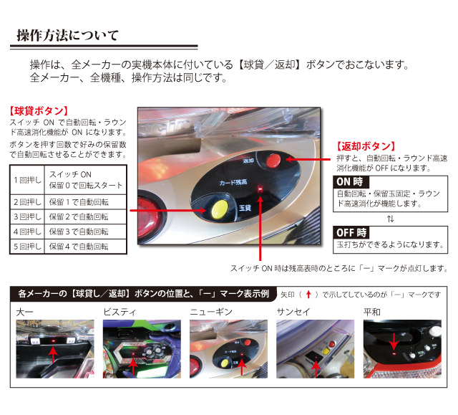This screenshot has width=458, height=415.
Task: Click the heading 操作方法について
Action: click(68, 35)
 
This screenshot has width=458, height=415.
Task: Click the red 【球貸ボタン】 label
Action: click(39, 111)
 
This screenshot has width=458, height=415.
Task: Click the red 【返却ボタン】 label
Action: click(366, 146)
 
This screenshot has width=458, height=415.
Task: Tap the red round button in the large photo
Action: click(273, 161)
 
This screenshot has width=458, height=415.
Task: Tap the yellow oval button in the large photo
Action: click(220, 209)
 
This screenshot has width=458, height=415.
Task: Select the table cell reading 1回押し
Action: click(27, 180)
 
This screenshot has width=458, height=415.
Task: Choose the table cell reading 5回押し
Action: click(27, 247)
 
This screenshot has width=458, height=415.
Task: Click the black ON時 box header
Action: click(351, 182)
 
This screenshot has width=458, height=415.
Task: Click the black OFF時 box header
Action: click(351, 233)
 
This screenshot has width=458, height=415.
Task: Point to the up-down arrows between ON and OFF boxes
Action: click(390, 219)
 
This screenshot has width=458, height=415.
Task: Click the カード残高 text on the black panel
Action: click(233, 183)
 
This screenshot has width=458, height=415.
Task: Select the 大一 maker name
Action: click(24, 313)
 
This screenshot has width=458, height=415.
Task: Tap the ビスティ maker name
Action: click(120, 313)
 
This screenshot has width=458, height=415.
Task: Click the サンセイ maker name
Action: click(293, 313)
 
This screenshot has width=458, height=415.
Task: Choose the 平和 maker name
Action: click(372, 313)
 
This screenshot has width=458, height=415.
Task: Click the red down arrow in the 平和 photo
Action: click(394, 341)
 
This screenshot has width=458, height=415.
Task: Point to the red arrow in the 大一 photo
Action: click(53, 355)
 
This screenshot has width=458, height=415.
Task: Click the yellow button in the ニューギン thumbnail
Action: click(224, 363)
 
